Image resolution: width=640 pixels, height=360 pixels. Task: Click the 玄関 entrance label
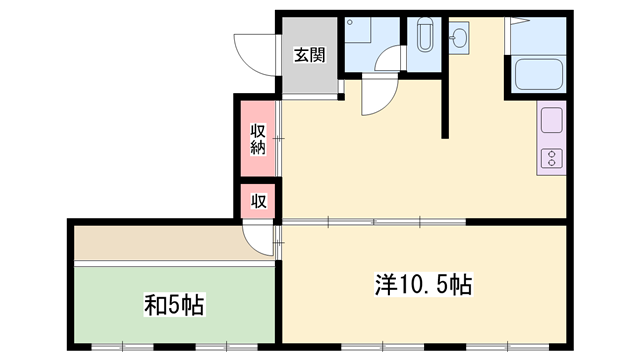point(310,55)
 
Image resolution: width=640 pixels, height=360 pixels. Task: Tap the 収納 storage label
point(258,139)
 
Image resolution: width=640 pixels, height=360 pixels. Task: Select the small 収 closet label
point(258,201)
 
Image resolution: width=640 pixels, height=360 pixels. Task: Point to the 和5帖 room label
point(174,304)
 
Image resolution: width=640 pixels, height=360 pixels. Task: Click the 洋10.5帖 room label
point(423,284)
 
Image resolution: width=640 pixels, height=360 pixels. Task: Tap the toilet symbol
point(425,34)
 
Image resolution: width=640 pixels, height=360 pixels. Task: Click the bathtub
point(539,74)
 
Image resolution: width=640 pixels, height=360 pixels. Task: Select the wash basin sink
point(459,38)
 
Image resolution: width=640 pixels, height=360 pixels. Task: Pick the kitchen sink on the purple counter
point(551,120)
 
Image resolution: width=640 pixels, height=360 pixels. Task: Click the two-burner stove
point(552,158)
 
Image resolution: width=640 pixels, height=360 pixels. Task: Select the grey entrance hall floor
point(310,56)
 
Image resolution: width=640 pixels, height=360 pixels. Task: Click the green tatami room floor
point(174,305)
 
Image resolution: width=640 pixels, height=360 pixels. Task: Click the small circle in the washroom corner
point(350,22)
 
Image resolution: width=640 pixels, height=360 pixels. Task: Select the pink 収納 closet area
point(258,139)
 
